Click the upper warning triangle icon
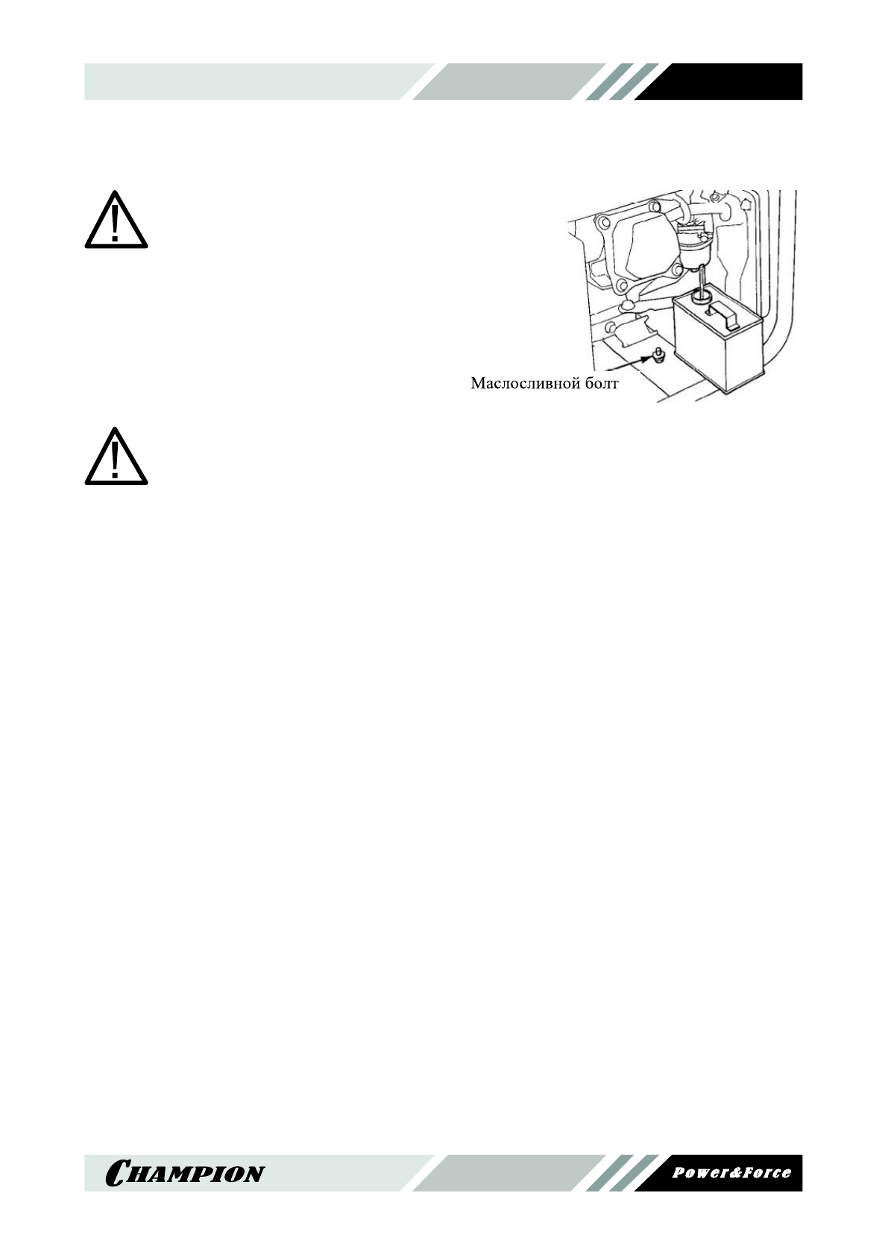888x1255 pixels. (x=116, y=221)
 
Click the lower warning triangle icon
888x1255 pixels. (x=116, y=458)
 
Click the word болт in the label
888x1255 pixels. (x=600, y=384)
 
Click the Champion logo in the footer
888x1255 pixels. (x=185, y=1173)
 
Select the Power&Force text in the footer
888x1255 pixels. (x=731, y=1172)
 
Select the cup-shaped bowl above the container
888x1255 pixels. (x=698, y=253)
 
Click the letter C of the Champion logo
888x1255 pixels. (x=119, y=1173)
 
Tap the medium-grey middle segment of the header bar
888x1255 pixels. (x=507, y=81)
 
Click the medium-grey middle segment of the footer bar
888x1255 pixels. (x=507, y=1173)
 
